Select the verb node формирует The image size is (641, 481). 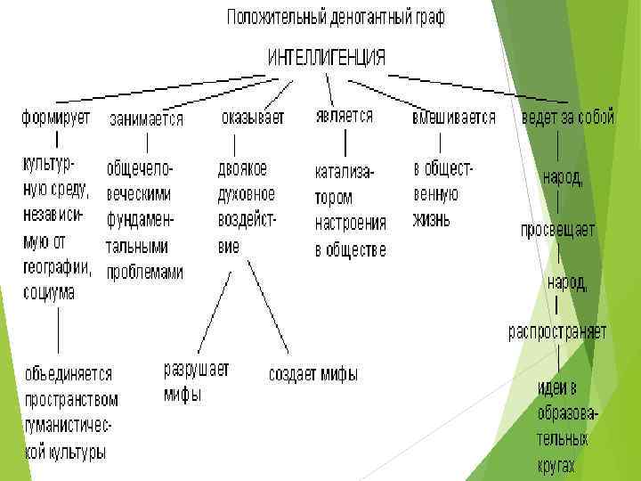coord(55,118)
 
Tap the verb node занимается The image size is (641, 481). coord(146,118)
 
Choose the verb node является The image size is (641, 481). coord(344,117)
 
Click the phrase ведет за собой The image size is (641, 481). coord(567,118)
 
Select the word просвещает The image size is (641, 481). coord(558,230)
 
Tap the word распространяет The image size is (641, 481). coord(557,331)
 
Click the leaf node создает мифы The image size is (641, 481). coord(313,374)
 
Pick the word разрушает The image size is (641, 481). coord(196,369)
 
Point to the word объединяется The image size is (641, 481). coord(69,374)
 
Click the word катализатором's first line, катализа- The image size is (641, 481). coord(345,170)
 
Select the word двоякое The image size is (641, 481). coord(242,168)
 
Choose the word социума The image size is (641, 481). coord(48,291)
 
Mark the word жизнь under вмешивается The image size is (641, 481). coord(431,218)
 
